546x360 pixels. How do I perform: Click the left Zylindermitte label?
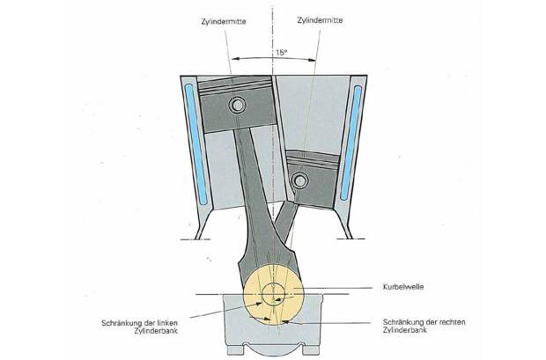[x=224, y=21]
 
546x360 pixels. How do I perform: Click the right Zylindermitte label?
[x=320, y=20]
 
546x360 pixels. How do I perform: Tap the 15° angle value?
[x=281, y=53]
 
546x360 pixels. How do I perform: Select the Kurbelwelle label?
[x=403, y=287]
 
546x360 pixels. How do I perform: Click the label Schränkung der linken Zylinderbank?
[x=140, y=327]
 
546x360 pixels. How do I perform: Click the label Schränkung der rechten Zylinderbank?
[x=424, y=326]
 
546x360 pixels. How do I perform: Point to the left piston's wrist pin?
[x=237, y=105]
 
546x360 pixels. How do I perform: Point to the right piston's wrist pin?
[x=299, y=180]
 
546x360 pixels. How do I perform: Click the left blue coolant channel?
[x=196, y=144]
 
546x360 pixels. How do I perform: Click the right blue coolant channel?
[x=351, y=143]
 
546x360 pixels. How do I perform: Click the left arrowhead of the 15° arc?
[x=235, y=59]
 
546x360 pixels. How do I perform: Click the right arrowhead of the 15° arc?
[x=312, y=60]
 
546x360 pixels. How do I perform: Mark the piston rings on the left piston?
[x=235, y=86]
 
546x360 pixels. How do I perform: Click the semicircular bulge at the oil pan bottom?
[x=274, y=351]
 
